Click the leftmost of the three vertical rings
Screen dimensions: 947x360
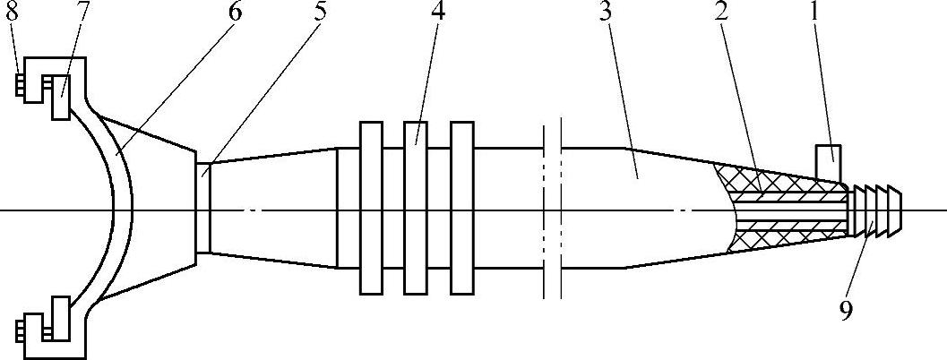(370, 207)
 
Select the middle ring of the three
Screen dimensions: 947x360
(415, 207)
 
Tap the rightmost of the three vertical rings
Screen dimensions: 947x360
(461, 207)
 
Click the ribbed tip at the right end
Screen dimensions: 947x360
(878, 210)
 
